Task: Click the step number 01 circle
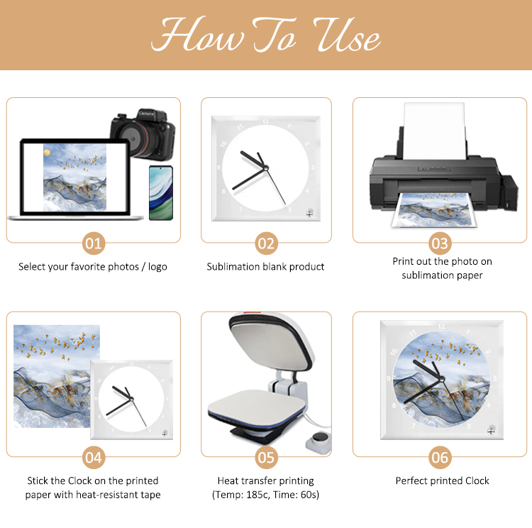click(x=94, y=243)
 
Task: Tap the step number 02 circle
click(x=266, y=243)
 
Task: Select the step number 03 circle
click(x=440, y=243)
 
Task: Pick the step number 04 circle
click(x=94, y=457)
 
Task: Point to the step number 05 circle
click(x=266, y=457)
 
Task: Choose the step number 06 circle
click(x=440, y=457)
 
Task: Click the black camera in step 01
click(x=143, y=134)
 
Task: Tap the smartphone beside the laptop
click(x=161, y=193)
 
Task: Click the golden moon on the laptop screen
click(x=47, y=153)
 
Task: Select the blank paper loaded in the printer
click(x=434, y=131)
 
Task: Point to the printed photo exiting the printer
click(x=434, y=210)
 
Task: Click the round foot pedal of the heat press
click(x=319, y=441)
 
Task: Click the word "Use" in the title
click(x=346, y=35)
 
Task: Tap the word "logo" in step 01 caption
click(x=157, y=268)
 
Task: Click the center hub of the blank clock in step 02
click(x=266, y=168)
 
